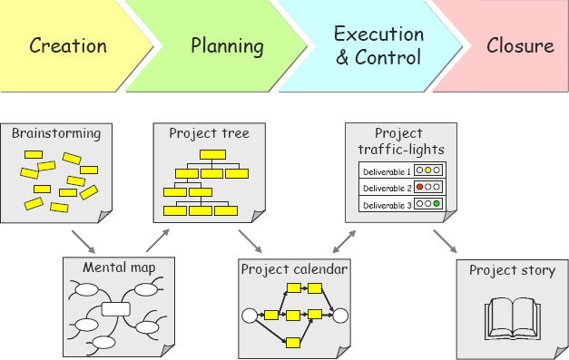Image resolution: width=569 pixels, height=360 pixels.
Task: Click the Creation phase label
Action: [67, 45]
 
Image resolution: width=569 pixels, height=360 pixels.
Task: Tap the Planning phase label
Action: [227, 45]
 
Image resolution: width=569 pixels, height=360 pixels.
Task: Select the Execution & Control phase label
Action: [378, 46]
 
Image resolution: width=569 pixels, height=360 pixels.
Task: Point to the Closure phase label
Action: [520, 45]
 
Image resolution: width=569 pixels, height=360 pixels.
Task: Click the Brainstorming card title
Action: [56, 134]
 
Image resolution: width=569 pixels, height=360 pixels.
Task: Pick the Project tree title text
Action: [209, 134]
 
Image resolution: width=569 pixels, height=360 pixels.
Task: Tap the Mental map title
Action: [118, 268]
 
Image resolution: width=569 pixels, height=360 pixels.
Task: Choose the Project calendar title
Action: [294, 269]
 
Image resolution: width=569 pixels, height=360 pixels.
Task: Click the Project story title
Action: [512, 270]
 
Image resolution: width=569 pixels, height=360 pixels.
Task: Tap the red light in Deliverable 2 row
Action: [420, 188]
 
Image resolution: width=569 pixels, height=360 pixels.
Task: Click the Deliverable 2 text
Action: [387, 188]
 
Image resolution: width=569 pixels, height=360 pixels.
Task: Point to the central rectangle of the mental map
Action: [116, 309]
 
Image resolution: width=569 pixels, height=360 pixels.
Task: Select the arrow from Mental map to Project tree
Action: [156, 240]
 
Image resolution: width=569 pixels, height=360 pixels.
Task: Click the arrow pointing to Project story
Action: [445, 241]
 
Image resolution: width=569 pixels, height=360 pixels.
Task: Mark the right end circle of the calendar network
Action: [340, 316]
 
